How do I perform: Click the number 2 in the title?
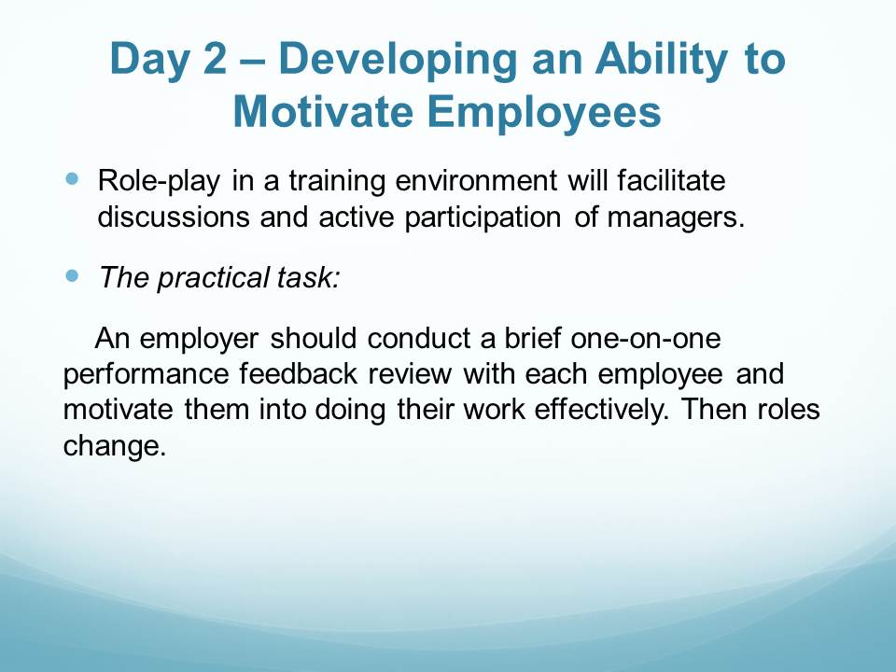215,58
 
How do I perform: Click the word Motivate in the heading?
323,111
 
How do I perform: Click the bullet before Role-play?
72,179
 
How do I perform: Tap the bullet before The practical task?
72,276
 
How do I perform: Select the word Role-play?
159,182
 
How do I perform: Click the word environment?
476,181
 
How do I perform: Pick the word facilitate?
671,180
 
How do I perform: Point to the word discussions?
174,217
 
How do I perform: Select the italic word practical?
213,279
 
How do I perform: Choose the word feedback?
299,374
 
